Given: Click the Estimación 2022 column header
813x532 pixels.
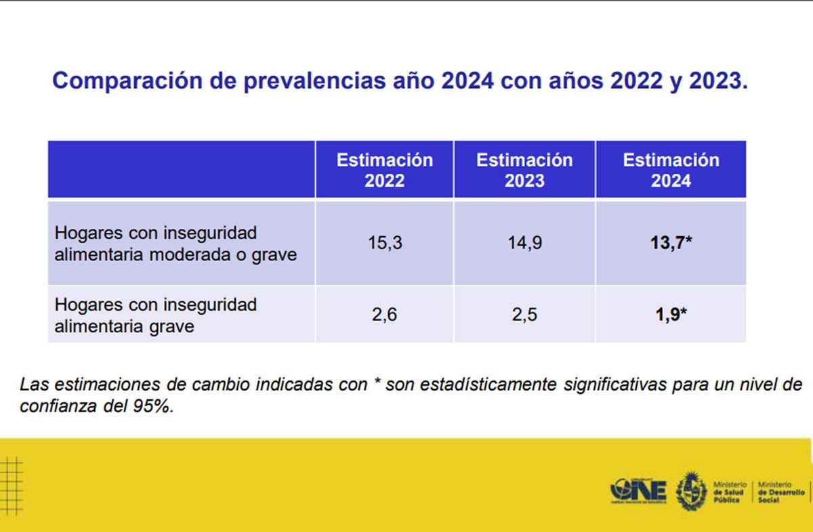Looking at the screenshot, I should pyautogui.click(x=385, y=170).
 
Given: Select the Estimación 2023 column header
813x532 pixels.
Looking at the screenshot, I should pyautogui.click(x=524, y=170).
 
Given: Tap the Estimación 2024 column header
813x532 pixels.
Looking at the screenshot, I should pyautogui.click(x=671, y=170).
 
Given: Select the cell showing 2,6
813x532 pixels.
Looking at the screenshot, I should pyautogui.click(x=385, y=315).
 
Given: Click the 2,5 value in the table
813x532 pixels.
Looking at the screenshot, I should pyautogui.click(x=524, y=315).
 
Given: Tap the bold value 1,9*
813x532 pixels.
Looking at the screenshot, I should pyautogui.click(x=671, y=315).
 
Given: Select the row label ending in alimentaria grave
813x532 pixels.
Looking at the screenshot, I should pyautogui.click(x=155, y=315).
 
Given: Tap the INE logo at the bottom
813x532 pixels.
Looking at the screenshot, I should pyautogui.click(x=638, y=490).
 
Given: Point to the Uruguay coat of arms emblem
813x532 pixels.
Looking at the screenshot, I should pyautogui.click(x=692, y=490).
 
